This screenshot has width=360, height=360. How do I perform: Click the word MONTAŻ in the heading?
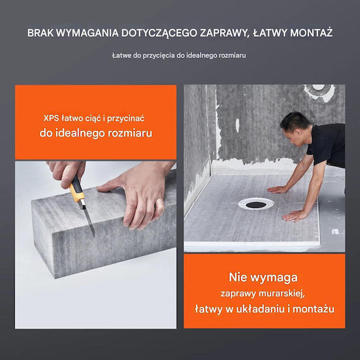tap(311, 33)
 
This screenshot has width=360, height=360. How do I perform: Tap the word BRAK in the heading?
tap(41, 33)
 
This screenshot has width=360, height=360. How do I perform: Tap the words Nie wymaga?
tap(263, 277)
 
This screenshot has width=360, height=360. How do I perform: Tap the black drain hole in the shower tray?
tap(256, 205)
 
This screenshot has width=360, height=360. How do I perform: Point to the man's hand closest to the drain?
tap(277, 189)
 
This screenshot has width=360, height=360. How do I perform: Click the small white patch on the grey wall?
tap(237, 125)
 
